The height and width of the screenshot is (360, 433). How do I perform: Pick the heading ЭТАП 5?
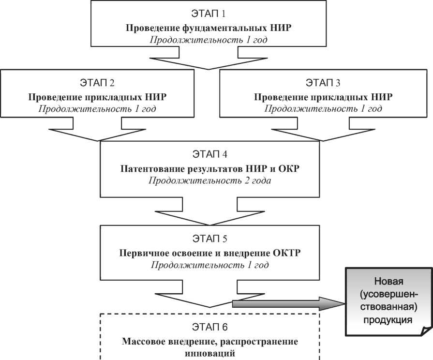click(x=209, y=239)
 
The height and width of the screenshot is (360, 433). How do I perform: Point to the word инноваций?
click(x=209, y=353)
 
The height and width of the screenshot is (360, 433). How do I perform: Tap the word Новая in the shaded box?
click(x=389, y=281)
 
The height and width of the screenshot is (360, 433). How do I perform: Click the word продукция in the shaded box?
click(x=389, y=319)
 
